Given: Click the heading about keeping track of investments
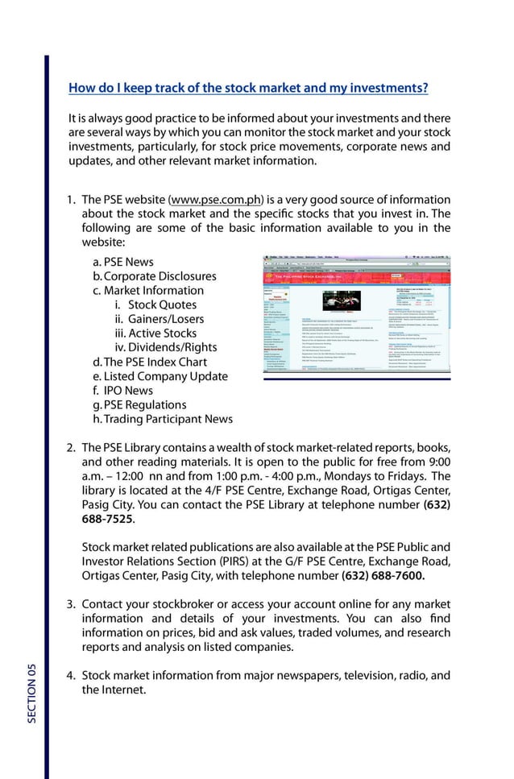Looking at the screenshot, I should click(248, 88).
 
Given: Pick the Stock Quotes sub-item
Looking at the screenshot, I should click(162, 305).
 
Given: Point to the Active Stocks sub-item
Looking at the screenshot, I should click(162, 334).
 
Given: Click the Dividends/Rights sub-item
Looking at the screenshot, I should click(172, 348).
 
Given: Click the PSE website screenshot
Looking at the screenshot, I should click(358, 321).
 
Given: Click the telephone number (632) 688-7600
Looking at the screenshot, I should click(383, 576).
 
